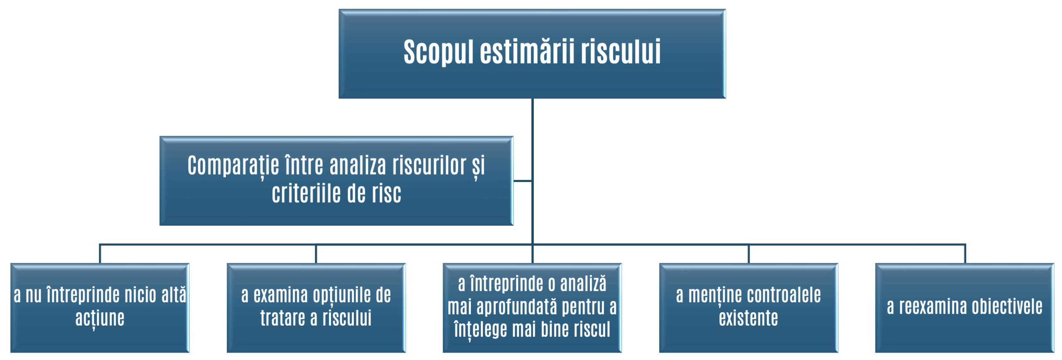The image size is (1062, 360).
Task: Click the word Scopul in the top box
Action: [438, 52]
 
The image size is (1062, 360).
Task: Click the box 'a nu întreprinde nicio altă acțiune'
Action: [100, 308]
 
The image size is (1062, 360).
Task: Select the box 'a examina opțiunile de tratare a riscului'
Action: [316, 308]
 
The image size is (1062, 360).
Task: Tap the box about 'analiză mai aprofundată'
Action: [532, 308]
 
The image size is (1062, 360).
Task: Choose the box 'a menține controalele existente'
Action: [748, 308]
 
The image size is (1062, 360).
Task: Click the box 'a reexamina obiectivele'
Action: [965, 308]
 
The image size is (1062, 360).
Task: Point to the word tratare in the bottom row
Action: [283, 318]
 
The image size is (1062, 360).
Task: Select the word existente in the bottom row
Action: [748, 318]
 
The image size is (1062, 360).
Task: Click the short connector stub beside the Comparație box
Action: [523, 181]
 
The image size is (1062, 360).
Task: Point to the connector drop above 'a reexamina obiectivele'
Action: [965, 253]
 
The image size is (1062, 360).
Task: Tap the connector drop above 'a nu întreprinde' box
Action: [100, 253]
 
